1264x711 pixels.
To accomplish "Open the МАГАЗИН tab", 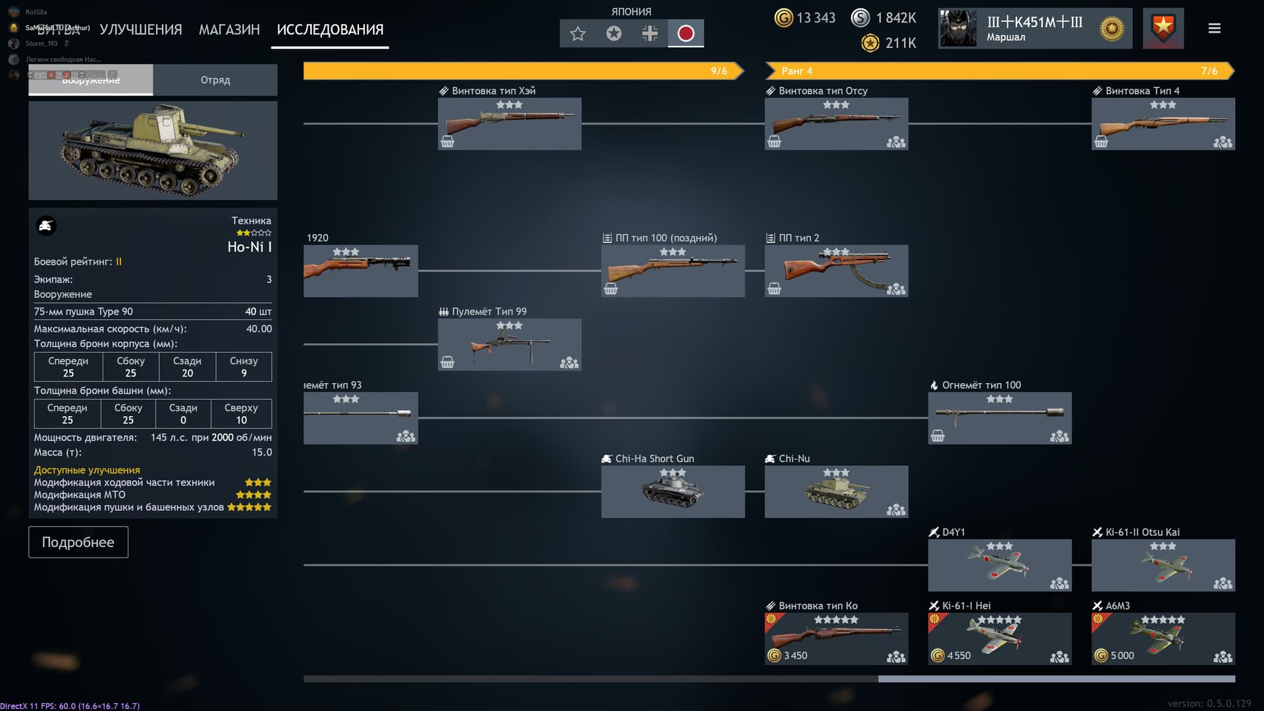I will [x=229, y=30].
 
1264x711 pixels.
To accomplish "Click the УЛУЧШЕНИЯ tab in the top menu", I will [x=140, y=30].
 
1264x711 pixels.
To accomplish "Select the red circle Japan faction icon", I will [x=685, y=34].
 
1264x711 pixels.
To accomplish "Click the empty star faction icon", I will [x=577, y=34].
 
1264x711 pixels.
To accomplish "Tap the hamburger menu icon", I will [x=1214, y=28].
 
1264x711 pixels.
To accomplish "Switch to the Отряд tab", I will [x=215, y=80].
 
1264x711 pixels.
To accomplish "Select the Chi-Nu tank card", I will [x=836, y=491].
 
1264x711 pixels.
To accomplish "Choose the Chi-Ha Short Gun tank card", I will [x=673, y=491].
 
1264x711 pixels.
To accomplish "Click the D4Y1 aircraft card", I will [x=999, y=565].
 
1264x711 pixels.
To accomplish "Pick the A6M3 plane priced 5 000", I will [x=1163, y=638].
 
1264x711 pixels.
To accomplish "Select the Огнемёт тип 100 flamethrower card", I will [x=999, y=417].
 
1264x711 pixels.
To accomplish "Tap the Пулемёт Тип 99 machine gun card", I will [x=509, y=344].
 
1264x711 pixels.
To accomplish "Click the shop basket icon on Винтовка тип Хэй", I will [x=448, y=142].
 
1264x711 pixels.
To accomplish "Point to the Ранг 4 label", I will [x=797, y=71].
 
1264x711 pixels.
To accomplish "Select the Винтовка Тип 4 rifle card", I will [x=1163, y=123].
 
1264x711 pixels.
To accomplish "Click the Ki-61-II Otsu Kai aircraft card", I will [x=1163, y=565].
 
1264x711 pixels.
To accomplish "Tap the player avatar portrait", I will [x=957, y=28].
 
